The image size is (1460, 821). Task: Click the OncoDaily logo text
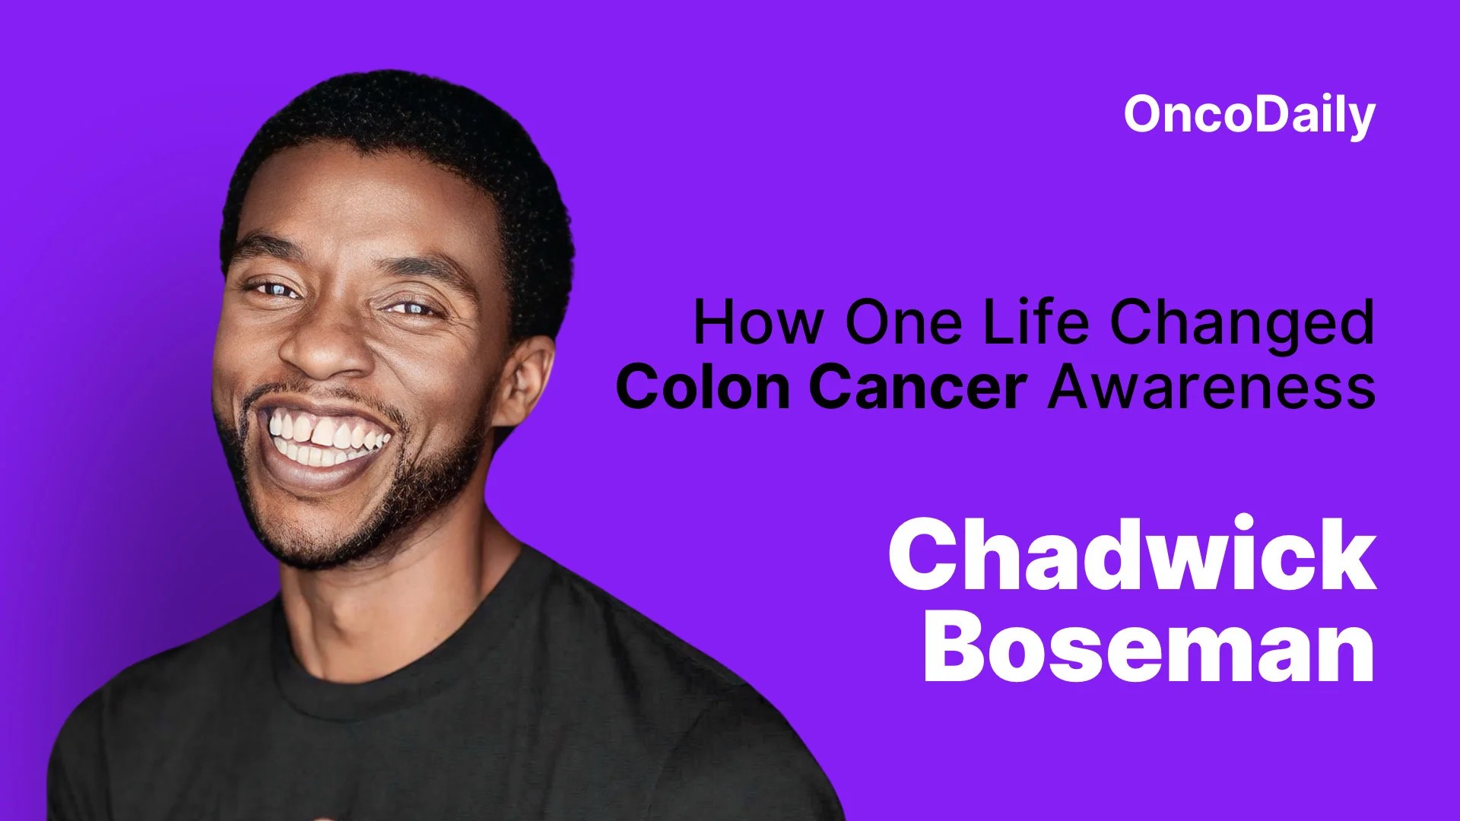pyautogui.click(x=1249, y=116)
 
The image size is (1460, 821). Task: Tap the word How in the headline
pyautogui.click(x=757, y=322)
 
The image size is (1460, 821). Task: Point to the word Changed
pyautogui.click(x=1242, y=324)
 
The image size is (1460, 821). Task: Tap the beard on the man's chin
pyautogui.click(x=335, y=532)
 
